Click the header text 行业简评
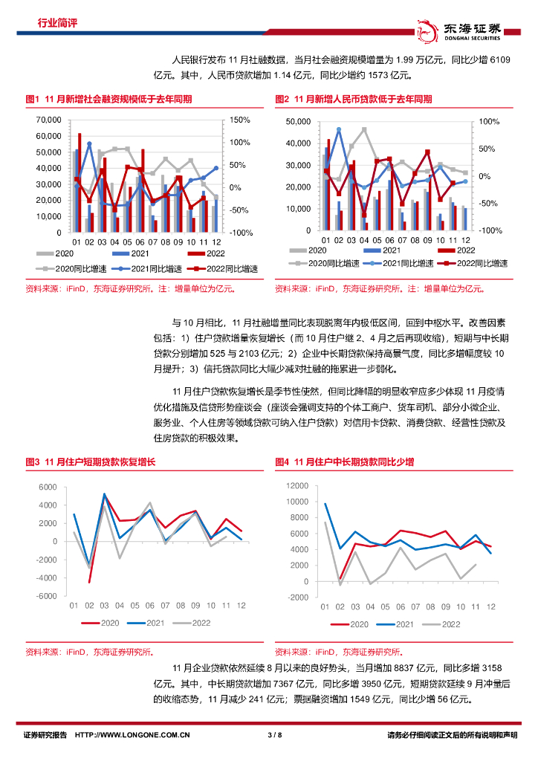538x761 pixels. click(x=57, y=23)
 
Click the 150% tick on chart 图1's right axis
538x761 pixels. click(x=241, y=120)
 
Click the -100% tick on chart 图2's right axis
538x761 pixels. click(x=490, y=231)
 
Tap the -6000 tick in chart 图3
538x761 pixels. click(x=48, y=596)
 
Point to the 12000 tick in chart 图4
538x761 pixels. click(x=296, y=485)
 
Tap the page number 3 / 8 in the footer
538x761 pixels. click(x=274, y=736)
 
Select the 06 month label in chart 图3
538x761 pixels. click(x=149, y=606)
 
